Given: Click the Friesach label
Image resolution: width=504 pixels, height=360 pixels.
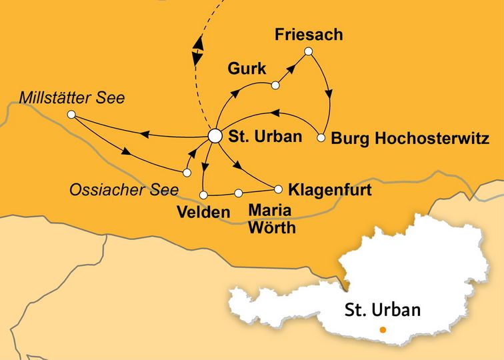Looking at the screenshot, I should tap(309, 35).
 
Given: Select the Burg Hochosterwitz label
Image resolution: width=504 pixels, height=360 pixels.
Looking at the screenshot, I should tap(411, 139).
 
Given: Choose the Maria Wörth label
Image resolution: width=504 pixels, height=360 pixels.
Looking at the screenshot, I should tap(270, 218).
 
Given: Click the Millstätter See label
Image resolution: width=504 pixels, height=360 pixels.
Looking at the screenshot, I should tap(72, 99).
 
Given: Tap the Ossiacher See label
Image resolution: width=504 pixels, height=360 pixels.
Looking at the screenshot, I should tap(124, 190).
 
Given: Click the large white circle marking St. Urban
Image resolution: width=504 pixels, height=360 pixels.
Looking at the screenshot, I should tap(215, 135).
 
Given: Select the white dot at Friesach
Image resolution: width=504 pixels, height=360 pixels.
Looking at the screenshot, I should tap(308, 51).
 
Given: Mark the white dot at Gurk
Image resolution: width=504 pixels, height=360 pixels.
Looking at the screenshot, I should tap(275, 85).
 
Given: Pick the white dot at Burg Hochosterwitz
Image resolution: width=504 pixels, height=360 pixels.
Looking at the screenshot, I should tap(321, 139).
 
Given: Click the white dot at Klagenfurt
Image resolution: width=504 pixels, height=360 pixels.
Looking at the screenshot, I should tap(279, 189).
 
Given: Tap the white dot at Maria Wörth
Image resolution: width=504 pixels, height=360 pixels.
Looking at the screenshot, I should tap(238, 193).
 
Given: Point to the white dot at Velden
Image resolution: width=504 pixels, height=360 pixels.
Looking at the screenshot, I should tap(203, 195).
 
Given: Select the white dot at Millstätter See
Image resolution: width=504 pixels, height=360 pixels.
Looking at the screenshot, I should tap(71, 115).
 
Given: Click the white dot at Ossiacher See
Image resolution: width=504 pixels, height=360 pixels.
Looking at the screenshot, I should tap(187, 173).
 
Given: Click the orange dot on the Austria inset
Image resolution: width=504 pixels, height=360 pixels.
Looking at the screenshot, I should tap(382, 330).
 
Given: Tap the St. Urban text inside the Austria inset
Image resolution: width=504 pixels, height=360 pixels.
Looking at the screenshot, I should tap(383, 310).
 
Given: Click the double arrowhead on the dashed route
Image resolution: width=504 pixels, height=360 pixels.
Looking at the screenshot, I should tap(197, 50).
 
